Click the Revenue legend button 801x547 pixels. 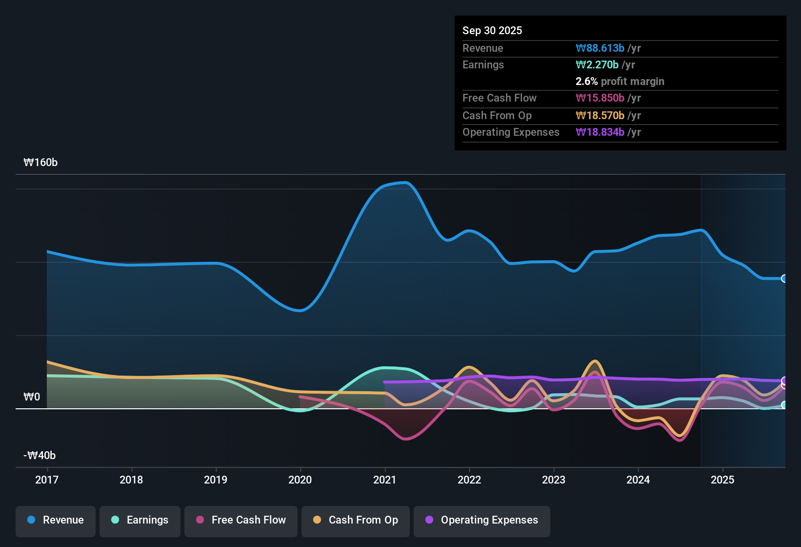(x=56, y=520)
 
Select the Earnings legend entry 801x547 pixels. (x=140, y=520)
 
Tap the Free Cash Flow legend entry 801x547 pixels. (x=241, y=520)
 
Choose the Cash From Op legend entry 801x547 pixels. (x=356, y=520)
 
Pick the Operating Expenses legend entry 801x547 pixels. (x=482, y=520)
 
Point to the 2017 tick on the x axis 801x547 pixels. (x=47, y=480)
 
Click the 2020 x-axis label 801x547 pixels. (x=300, y=480)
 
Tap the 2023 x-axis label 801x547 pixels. (x=554, y=480)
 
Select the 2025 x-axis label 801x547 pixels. (x=722, y=480)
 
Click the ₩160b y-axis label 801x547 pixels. (x=40, y=163)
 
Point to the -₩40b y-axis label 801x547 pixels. (x=40, y=456)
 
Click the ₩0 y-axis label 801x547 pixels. (x=32, y=397)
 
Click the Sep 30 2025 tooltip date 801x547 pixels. (x=492, y=30)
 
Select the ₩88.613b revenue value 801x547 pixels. (x=600, y=48)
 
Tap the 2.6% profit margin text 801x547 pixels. (x=620, y=82)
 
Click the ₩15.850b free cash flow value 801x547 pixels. (x=600, y=98)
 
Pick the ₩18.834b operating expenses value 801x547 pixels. (x=600, y=132)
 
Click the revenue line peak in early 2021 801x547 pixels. (x=405, y=183)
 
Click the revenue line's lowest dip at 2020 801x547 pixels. (x=300, y=310)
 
